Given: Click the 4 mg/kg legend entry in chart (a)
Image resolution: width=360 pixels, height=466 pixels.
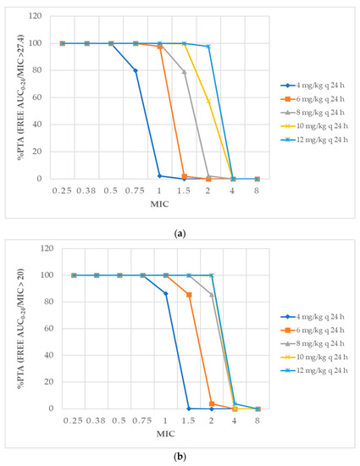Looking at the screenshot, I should pos(315,86).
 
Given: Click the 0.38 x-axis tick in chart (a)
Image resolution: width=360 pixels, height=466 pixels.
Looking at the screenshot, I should pos(86,191).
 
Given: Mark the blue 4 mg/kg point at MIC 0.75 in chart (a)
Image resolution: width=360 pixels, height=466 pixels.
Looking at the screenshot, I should pos(136,70).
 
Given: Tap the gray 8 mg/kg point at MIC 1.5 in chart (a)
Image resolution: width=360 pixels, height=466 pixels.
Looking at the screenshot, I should pos(184,72).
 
